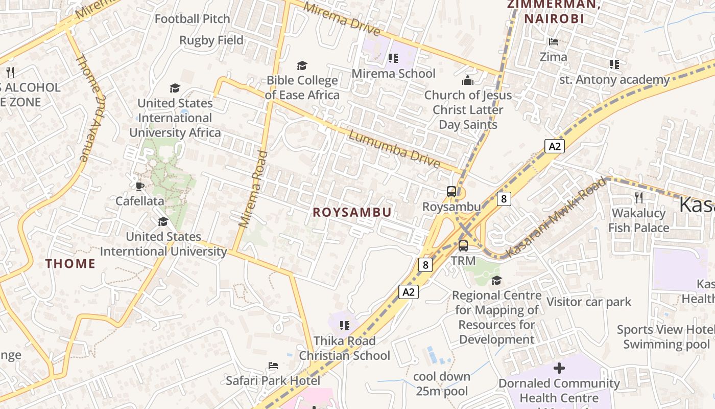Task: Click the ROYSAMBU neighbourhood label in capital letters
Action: [x=352, y=212]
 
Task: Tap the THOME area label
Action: [x=70, y=263]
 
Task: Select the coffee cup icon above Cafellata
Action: [x=140, y=186]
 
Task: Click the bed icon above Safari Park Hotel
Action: [x=273, y=366]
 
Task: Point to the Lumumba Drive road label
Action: [x=394, y=149]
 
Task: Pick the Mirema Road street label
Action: [x=253, y=189]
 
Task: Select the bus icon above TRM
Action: [x=463, y=245]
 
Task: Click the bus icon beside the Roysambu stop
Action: [x=451, y=192]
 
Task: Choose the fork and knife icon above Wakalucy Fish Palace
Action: [x=638, y=197]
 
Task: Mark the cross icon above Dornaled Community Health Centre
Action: [x=559, y=368]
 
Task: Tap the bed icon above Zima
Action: [x=554, y=42]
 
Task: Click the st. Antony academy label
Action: [x=614, y=80]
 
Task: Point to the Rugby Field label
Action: [x=211, y=40]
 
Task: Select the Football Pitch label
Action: [x=193, y=19]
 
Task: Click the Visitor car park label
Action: [x=589, y=302]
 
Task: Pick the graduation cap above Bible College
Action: [x=302, y=65]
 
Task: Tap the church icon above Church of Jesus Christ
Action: [x=468, y=80]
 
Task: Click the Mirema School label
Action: [x=393, y=73]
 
